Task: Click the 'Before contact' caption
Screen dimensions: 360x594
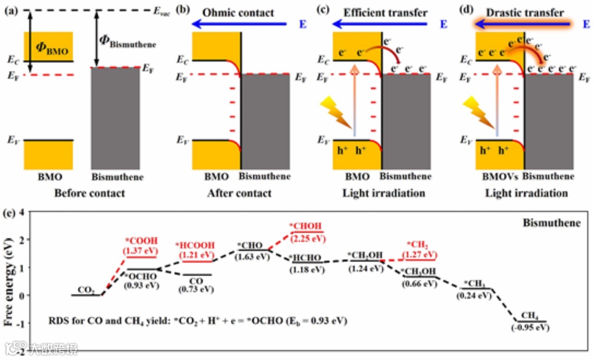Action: [x=90, y=193]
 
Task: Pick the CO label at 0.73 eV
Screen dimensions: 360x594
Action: [x=196, y=281]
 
